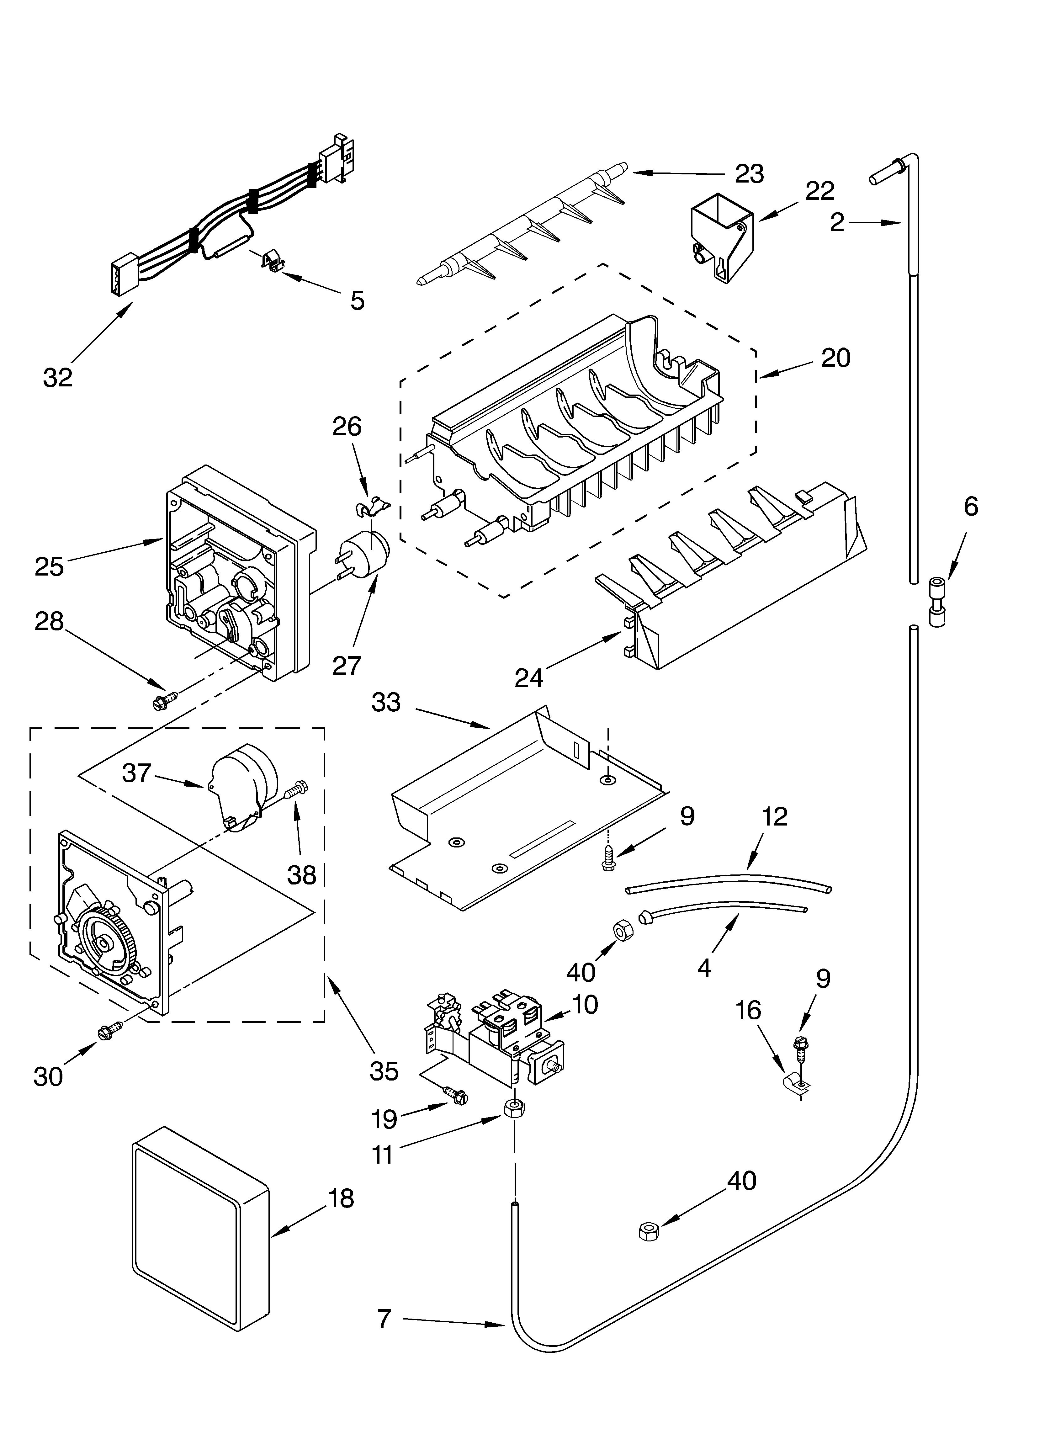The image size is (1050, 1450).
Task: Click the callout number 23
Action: (x=750, y=174)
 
